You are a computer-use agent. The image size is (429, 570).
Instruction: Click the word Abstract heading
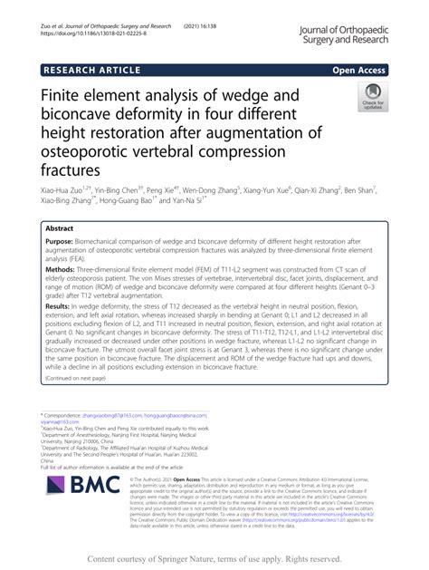click(59, 229)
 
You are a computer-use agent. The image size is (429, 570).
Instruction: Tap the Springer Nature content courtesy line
click(214, 557)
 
